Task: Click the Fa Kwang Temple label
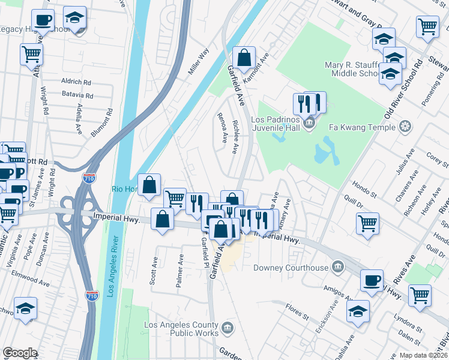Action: pyautogui.click(x=362, y=127)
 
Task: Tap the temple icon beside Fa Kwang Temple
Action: pyautogui.click(x=406, y=127)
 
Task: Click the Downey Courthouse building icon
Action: pyautogui.click(x=338, y=267)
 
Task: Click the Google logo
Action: pyautogui.click(x=20, y=352)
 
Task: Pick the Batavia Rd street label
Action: pyautogui.click(x=77, y=95)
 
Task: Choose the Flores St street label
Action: pyautogui.click(x=297, y=311)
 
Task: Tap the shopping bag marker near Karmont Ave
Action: pyautogui.click(x=244, y=58)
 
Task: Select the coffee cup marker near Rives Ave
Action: pyautogui.click(x=372, y=280)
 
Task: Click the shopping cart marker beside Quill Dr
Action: pyautogui.click(x=368, y=223)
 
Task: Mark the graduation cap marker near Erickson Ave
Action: pyautogui.click(x=358, y=311)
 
